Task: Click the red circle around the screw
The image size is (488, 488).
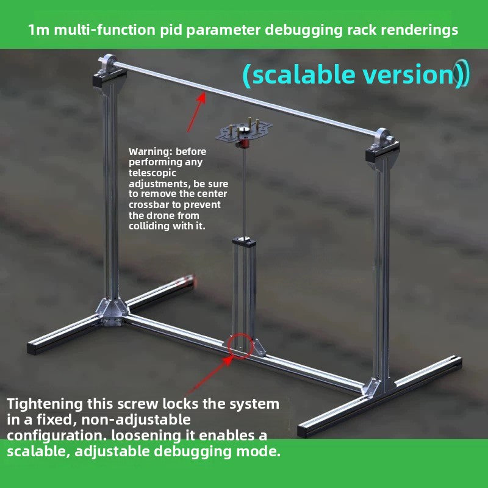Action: pyautogui.click(x=240, y=346)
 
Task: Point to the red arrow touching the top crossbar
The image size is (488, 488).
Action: pyautogui.click(x=195, y=113)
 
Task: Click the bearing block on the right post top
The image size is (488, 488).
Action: pyautogui.click(x=382, y=142)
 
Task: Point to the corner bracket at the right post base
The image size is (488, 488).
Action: pyautogui.click(x=377, y=387)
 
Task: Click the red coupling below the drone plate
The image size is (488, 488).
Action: pyautogui.click(x=245, y=145)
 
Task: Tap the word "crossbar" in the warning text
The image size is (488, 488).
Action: pyautogui.click(x=149, y=205)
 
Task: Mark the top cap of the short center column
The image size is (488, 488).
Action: pyautogui.click(x=244, y=242)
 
